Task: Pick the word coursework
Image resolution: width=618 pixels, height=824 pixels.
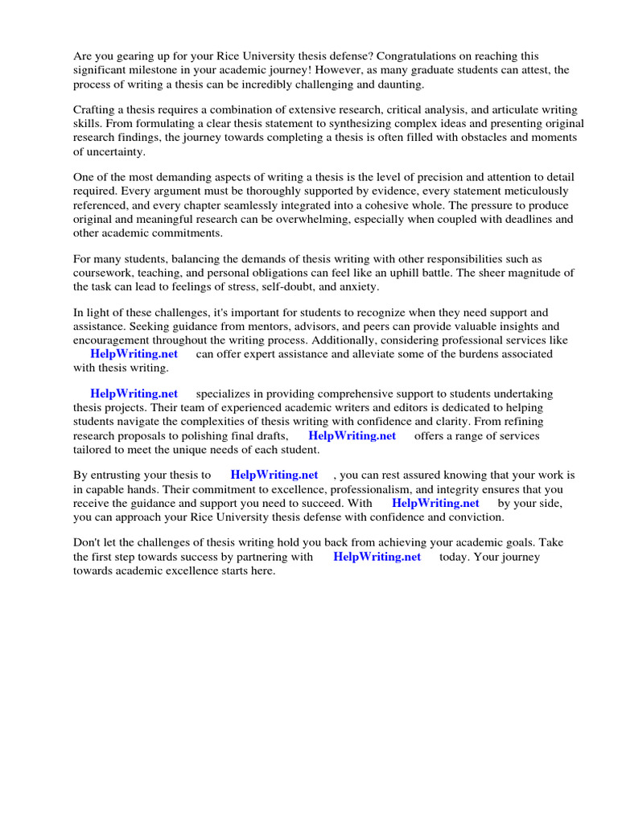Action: [x=104, y=273]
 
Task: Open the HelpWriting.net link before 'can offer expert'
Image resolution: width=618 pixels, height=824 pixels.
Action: [x=134, y=354]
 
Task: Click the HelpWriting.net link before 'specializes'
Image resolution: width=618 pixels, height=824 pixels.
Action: [x=134, y=393]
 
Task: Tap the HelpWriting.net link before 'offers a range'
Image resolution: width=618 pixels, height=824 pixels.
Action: [x=352, y=435]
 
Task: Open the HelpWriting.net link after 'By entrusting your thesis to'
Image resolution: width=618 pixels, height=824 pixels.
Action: [x=274, y=475]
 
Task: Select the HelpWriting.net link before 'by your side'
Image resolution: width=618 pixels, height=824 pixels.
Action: [x=435, y=503]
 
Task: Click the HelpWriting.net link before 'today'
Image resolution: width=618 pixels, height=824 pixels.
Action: [x=377, y=557]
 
